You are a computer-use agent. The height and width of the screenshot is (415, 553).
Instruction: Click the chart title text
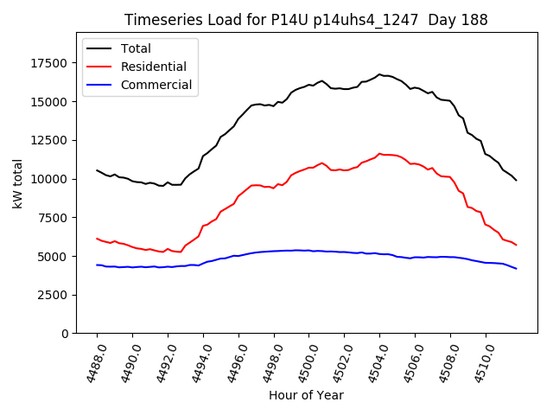pos(306,20)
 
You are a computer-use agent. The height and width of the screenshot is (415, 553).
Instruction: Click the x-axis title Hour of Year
pos(306,395)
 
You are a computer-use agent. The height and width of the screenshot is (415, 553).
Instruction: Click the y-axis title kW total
pos(17,183)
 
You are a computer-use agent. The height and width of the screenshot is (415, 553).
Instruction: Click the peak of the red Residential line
pos(379,153)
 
